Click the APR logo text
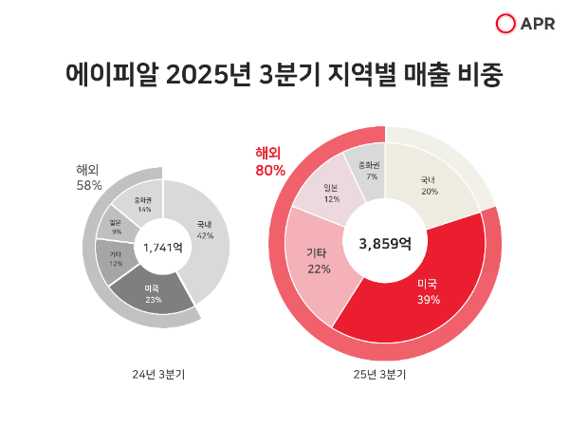pos(540,24)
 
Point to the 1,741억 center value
pos(163,248)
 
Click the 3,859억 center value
pos(385,243)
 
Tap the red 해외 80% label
pos(270,161)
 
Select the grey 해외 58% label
pos(89,177)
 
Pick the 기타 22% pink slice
pos(319,261)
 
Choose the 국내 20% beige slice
pos(429,184)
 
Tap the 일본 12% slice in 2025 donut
pos(331,193)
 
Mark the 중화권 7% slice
pos(369,171)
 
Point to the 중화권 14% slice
pos(142,204)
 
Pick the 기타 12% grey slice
pos(115,258)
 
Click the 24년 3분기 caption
pos(158,374)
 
